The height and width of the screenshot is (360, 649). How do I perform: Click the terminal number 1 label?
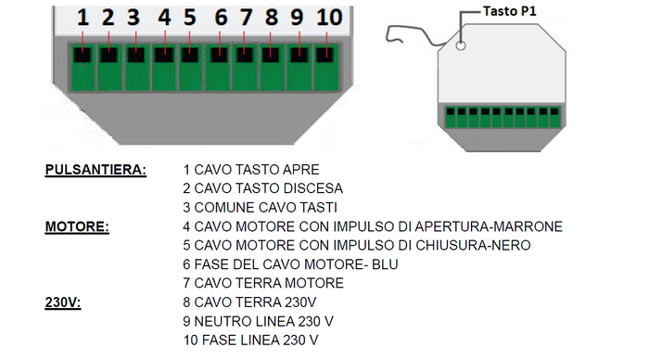83,17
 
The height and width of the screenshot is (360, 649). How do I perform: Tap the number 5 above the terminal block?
189,17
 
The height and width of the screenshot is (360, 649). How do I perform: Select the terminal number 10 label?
328,17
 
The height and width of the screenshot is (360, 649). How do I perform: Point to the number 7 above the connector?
246,17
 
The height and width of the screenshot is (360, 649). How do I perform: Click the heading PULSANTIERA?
95,171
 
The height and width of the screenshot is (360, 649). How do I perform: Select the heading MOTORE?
76,227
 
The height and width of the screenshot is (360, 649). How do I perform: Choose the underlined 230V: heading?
63,302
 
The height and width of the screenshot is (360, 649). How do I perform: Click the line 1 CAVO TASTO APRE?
252,171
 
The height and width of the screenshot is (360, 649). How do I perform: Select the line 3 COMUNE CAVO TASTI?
260,208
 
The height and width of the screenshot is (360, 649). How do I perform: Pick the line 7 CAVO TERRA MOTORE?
264,284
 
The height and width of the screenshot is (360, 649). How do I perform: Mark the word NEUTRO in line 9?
223,321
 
